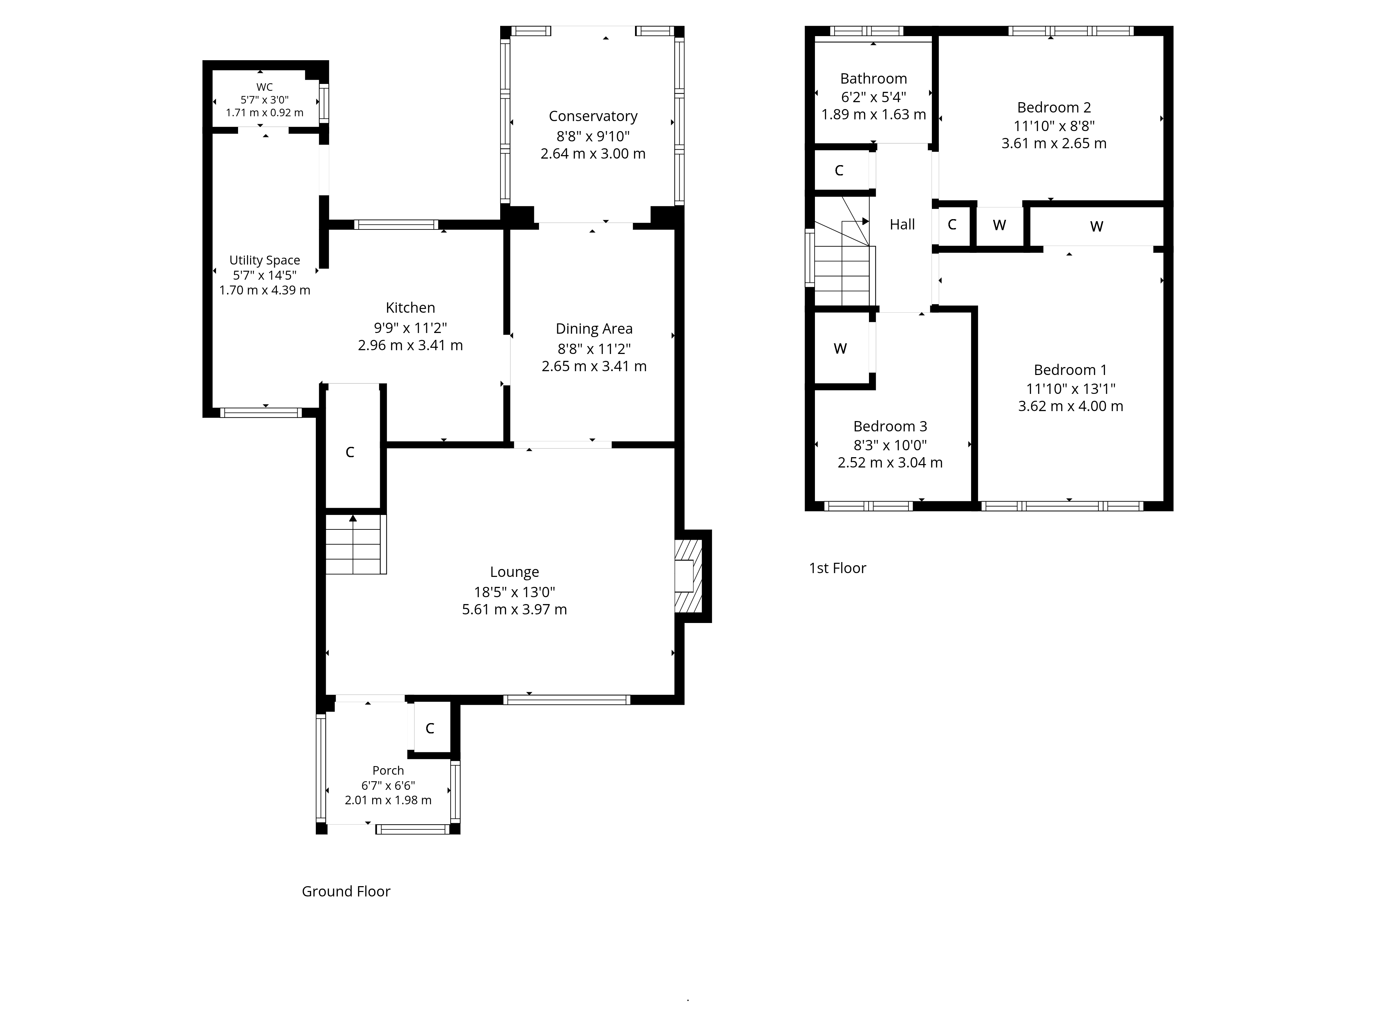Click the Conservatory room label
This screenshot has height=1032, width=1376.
coord(593,116)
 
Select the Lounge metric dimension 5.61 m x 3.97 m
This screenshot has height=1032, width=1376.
coord(514,610)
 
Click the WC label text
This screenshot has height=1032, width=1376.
coord(265,87)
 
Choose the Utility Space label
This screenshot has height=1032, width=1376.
coord(265,260)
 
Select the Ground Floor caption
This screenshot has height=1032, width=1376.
coord(346,891)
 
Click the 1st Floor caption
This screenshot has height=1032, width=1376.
coord(837,568)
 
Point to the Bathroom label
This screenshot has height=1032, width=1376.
coord(873,78)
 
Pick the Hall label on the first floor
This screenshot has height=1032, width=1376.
coord(902,225)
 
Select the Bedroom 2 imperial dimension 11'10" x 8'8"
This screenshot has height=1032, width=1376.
coord(1054,126)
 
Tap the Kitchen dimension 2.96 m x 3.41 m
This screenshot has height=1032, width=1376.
coord(410,345)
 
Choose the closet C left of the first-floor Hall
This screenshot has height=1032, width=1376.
coord(839,170)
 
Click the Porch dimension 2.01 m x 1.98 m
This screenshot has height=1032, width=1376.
coord(388,800)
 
